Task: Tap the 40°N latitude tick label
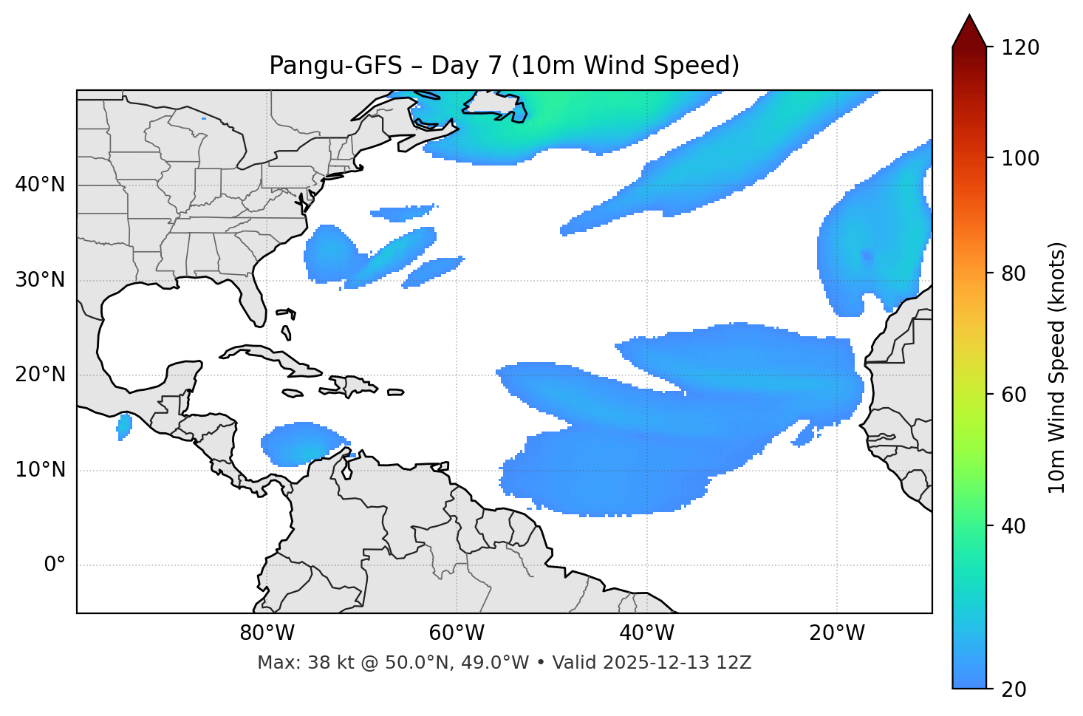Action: click(40, 185)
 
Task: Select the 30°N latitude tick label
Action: click(40, 280)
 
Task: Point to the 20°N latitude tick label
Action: click(40, 375)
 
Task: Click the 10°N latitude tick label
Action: click(40, 470)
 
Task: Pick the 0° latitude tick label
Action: click(55, 565)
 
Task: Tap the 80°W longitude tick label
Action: click(267, 633)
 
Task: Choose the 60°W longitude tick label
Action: click(457, 633)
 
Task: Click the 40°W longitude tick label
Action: click(646, 633)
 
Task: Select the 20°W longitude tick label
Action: click(836, 633)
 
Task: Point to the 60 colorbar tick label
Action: click(1013, 395)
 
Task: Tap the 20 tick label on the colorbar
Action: click(1013, 689)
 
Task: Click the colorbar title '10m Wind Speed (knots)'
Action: click(1057, 367)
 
